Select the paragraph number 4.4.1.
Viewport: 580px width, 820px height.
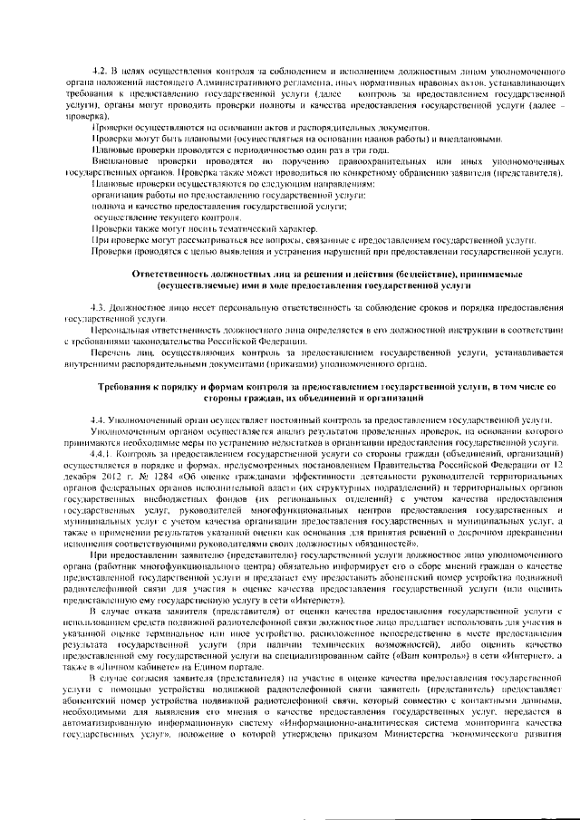pos(102,450)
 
